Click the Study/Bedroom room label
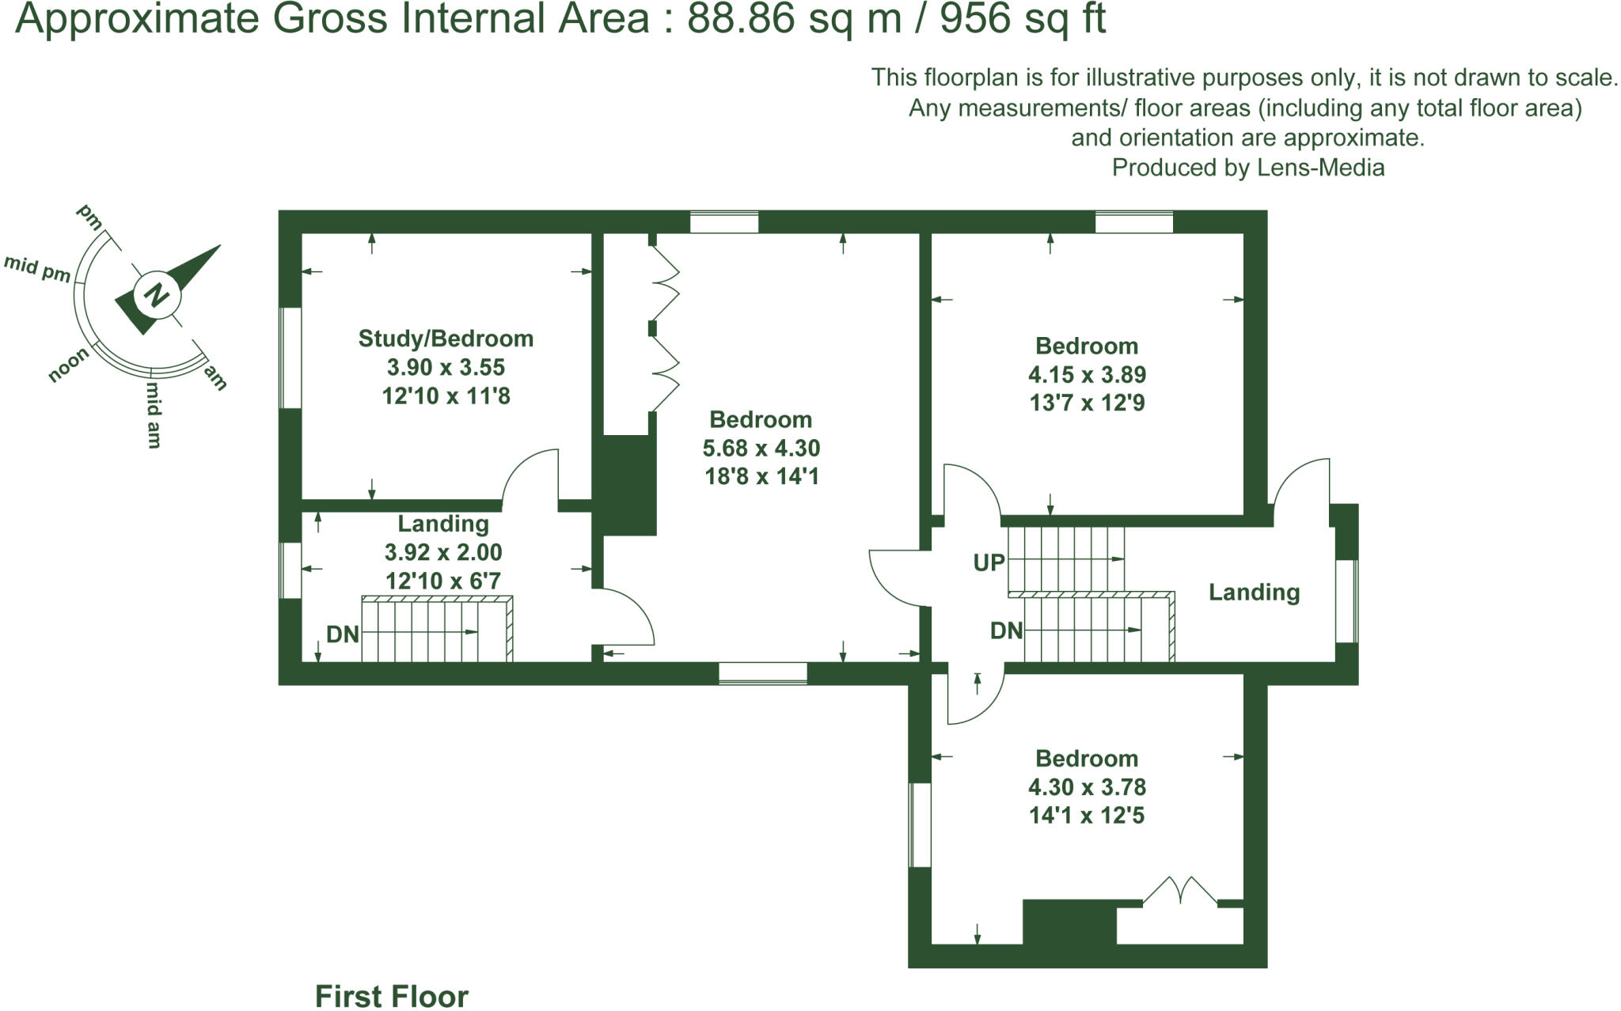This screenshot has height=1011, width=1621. click(x=446, y=339)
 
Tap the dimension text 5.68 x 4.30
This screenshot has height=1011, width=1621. click(x=761, y=448)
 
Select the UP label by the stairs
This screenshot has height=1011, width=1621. click(x=989, y=562)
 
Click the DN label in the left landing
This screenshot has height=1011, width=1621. click(x=343, y=634)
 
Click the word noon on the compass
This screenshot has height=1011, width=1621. click(x=68, y=365)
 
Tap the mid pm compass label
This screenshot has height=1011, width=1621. click(x=37, y=268)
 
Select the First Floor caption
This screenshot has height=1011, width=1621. click(x=392, y=996)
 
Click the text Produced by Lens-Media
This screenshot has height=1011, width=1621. click(x=1247, y=168)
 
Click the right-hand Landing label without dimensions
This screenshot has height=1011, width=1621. click(x=1254, y=592)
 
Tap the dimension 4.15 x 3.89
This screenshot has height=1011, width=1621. click(x=1087, y=374)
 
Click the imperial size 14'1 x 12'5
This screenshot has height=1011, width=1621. click(x=1087, y=815)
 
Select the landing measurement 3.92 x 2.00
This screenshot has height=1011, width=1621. click(x=443, y=552)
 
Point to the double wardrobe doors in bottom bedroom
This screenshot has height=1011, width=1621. click(x=1180, y=890)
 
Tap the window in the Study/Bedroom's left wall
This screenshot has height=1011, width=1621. click(x=290, y=358)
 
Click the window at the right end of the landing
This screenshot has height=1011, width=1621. click(x=1346, y=600)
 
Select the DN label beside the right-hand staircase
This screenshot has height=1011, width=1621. click(x=1006, y=630)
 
